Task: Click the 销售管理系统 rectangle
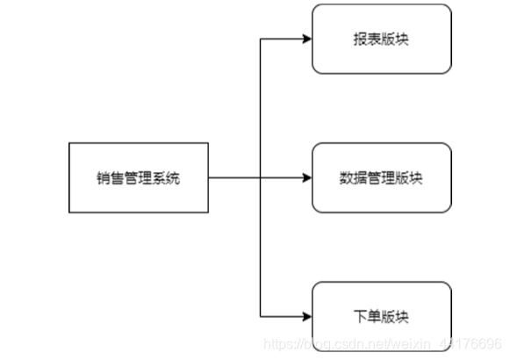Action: coord(139,178)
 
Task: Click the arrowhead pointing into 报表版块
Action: coord(306,40)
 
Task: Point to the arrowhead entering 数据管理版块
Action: coord(306,178)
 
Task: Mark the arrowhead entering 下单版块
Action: coord(306,316)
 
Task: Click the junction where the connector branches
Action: coord(262,178)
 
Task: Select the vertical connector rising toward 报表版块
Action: coord(262,105)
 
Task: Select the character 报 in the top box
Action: coord(358,40)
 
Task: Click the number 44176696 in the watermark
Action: coord(474,342)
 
